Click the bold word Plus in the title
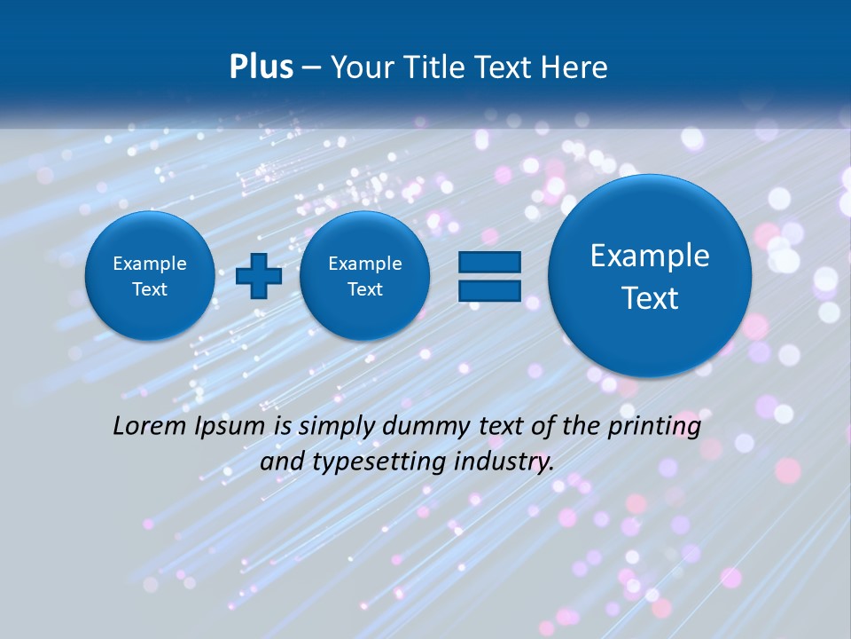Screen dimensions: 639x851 261,67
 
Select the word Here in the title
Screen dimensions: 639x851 577,67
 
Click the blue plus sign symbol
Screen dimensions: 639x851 259,276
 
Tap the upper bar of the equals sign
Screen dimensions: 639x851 488,262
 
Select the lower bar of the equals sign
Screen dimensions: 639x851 488,291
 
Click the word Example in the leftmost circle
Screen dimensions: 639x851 150,264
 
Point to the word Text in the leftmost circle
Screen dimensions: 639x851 150,289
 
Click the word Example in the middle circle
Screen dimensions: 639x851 365,264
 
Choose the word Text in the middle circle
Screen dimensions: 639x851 365,289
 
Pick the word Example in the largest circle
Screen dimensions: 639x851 650,256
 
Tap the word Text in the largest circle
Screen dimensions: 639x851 650,298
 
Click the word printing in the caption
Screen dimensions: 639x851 656,427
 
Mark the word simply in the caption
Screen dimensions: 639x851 334,427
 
